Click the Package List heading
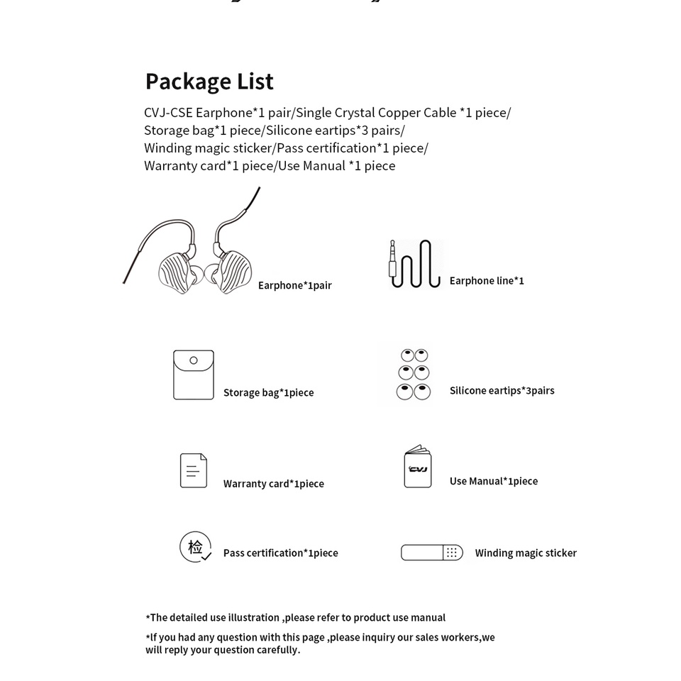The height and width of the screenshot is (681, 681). click(x=209, y=82)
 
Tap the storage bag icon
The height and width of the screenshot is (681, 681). click(x=194, y=375)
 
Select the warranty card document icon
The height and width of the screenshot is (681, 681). click(x=194, y=470)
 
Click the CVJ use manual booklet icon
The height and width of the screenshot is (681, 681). click(x=418, y=467)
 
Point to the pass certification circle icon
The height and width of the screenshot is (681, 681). click(x=195, y=547)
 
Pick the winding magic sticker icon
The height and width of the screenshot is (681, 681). click(x=432, y=553)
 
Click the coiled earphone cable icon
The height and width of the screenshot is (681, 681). click(x=416, y=264)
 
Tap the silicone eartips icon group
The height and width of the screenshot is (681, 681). click(x=414, y=374)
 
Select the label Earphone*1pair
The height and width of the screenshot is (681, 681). click(x=295, y=285)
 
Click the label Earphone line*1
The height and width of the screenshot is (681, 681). click(x=487, y=281)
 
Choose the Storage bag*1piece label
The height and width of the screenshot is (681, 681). click(x=268, y=392)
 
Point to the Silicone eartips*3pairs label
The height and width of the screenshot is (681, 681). click(x=502, y=390)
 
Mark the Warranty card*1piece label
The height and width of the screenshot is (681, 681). click(x=274, y=484)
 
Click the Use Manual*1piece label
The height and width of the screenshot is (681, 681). click(x=494, y=481)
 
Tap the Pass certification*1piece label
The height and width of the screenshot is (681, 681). click(x=281, y=553)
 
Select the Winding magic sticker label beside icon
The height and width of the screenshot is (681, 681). click(x=526, y=553)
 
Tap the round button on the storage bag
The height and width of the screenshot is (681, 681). click(x=194, y=360)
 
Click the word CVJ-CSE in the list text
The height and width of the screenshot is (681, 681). click(x=168, y=113)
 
